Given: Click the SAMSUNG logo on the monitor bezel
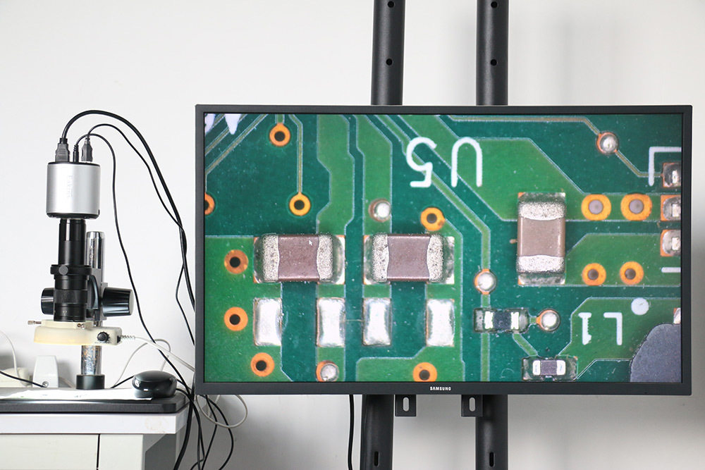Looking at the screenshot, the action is click(x=441, y=388).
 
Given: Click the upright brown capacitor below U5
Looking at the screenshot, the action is click(x=541, y=234).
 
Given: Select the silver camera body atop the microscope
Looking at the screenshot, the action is click(x=73, y=189).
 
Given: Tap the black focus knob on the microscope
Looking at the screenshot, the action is click(x=118, y=302).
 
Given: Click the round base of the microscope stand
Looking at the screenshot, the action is click(x=90, y=382).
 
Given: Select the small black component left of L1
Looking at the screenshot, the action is click(x=501, y=321).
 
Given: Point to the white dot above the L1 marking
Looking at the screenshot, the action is click(x=639, y=307).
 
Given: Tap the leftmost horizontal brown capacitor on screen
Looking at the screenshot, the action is click(x=298, y=258).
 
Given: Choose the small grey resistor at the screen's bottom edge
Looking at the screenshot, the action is click(x=549, y=367).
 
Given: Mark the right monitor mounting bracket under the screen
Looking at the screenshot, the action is click(x=471, y=405).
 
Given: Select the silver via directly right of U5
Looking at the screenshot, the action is click(x=607, y=142).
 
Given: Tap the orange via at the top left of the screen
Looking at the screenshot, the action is click(x=280, y=135).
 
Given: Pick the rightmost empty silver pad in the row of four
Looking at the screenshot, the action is click(x=441, y=322).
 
